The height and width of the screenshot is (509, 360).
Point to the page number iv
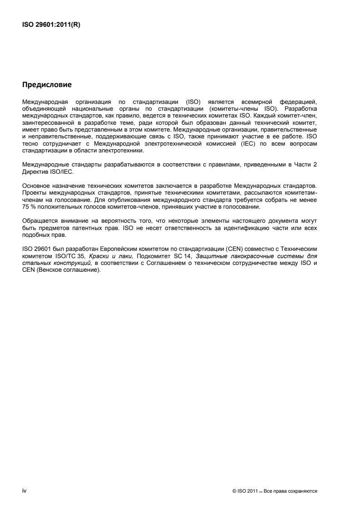pos(24,491)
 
